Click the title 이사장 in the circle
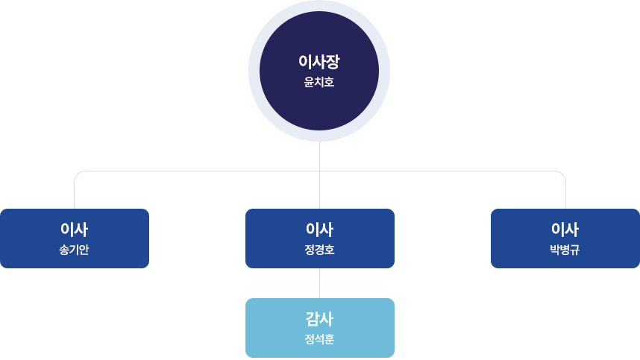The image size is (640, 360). (x=319, y=61)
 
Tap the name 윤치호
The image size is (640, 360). (x=319, y=82)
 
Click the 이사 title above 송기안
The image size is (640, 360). (x=74, y=230)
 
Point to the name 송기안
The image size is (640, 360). (x=74, y=250)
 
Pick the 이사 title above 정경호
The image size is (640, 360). (x=319, y=230)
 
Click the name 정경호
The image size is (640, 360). (x=319, y=250)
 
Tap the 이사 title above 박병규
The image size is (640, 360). (x=565, y=230)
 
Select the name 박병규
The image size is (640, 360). (x=565, y=250)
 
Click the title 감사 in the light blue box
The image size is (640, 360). (x=319, y=319)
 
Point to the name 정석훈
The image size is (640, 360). (x=319, y=339)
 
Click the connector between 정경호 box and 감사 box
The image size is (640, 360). (x=319, y=283)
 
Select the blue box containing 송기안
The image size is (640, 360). (x=30, y=239)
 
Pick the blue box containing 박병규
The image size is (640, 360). (x=522, y=239)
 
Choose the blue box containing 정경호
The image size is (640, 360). (x=276, y=239)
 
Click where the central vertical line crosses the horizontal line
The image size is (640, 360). (x=319, y=171)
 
